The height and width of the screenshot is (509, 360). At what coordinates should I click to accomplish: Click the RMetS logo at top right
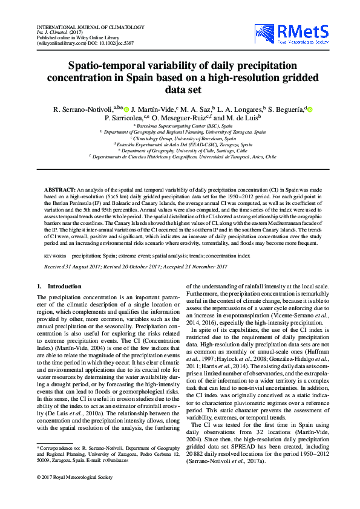pyautogui.click(x=303, y=35)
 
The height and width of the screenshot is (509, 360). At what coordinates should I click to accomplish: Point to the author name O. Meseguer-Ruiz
pyautogui.click(x=177, y=118)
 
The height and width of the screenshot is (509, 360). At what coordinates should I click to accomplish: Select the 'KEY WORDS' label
pyautogui.click(x=56, y=256)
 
